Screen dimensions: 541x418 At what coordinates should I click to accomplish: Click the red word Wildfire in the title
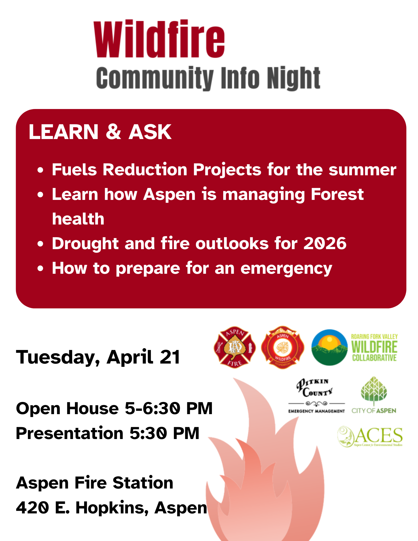159,39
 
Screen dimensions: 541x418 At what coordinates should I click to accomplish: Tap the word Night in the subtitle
294,78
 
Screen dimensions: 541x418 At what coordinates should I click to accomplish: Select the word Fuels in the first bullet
74,170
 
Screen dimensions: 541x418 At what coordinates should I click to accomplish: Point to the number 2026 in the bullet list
325,243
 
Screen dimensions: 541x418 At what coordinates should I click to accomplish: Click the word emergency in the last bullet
286,268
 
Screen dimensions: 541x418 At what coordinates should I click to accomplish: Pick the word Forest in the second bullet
337,194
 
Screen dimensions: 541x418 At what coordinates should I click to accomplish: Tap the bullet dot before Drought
41,244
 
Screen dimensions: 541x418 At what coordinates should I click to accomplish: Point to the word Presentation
70,433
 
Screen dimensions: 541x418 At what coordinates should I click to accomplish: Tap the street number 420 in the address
32,507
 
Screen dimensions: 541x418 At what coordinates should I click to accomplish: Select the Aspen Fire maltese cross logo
235,347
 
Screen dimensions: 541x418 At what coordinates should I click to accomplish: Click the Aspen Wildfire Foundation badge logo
282,347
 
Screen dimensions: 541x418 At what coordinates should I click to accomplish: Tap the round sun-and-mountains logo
329,347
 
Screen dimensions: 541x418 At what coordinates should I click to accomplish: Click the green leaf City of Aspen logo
374,395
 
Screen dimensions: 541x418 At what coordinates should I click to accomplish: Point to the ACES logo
370,436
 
